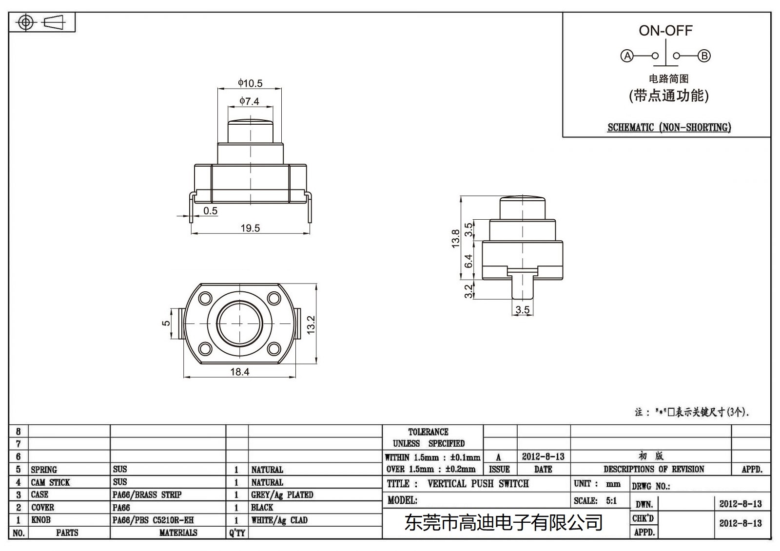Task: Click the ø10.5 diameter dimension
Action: (250, 83)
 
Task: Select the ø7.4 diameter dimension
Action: (249, 101)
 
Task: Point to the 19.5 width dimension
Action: (250, 228)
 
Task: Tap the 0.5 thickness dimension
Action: (210, 211)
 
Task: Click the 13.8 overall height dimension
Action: (456, 239)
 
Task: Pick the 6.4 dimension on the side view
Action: (468, 261)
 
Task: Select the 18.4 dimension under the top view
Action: (239, 372)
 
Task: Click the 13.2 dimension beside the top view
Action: (311, 324)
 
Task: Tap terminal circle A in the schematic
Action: (627, 56)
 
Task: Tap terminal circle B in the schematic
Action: (704, 56)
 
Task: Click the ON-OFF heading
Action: (665, 31)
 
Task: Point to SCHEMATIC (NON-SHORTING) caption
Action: (669, 128)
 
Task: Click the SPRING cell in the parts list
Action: (44, 470)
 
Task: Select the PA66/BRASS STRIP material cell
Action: (147, 495)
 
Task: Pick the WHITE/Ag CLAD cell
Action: (279, 520)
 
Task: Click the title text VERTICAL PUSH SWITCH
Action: (478, 484)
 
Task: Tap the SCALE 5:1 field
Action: (595, 501)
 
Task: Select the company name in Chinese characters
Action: (504, 523)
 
